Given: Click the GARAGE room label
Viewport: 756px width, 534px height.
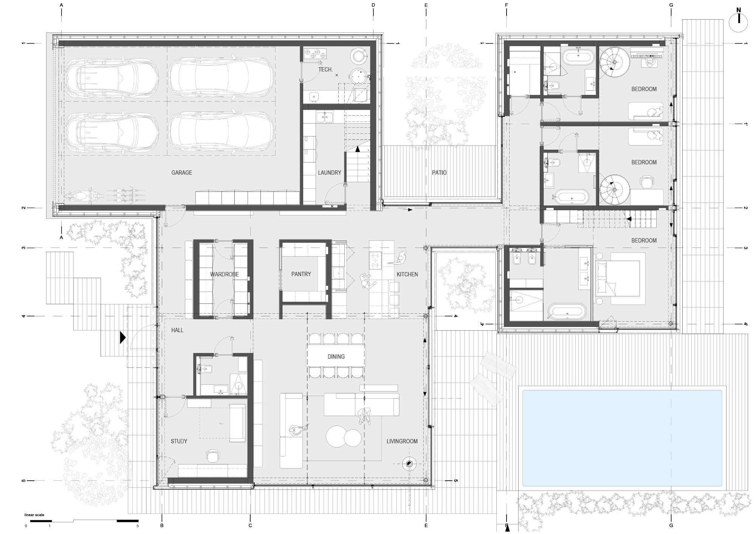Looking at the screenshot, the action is pyautogui.click(x=181, y=173).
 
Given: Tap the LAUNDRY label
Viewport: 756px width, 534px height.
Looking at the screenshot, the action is pyautogui.click(x=330, y=173).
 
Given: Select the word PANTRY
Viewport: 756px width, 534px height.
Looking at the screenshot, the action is pyautogui.click(x=301, y=274).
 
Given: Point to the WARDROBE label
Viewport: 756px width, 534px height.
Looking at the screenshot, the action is pyautogui.click(x=225, y=274).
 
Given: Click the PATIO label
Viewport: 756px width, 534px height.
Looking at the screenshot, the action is pyautogui.click(x=439, y=173).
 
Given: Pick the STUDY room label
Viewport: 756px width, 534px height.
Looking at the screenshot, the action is pyautogui.click(x=179, y=441).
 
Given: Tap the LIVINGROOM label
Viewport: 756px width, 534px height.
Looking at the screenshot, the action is pyautogui.click(x=402, y=441).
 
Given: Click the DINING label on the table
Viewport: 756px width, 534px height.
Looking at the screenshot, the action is pyautogui.click(x=336, y=356).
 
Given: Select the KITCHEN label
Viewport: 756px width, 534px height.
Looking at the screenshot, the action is pyautogui.click(x=407, y=274).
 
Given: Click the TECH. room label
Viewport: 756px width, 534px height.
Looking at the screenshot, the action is pyautogui.click(x=325, y=70).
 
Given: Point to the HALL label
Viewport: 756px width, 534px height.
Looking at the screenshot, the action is pyautogui.click(x=177, y=330).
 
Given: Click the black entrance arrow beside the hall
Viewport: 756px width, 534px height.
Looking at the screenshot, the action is pyautogui.click(x=122, y=337).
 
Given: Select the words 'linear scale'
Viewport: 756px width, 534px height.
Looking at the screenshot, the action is pyautogui.click(x=34, y=515).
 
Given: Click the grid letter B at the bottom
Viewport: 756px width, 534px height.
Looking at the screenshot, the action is pyautogui.click(x=162, y=525).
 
